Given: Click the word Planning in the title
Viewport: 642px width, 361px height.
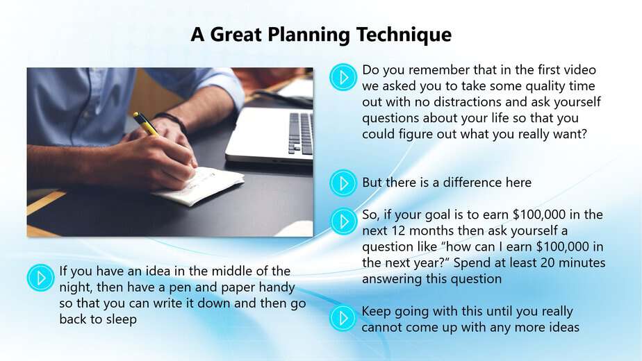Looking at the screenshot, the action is pyautogui.click(x=308, y=35).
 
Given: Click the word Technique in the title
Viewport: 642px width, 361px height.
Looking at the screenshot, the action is pyautogui.click(x=404, y=35).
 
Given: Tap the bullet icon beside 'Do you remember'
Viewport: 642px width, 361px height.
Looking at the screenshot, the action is pyautogui.click(x=343, y=77).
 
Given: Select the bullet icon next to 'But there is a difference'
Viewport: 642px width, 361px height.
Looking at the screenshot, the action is pyautogui.click(x=343, y=183).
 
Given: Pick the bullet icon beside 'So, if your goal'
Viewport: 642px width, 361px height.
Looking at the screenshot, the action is pyautogui.click(x=343, y=221).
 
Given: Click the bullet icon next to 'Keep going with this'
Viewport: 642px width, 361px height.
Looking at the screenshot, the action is pyautogui.click(x=343, y=318).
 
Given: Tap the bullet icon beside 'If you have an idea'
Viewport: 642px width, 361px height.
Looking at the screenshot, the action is pyautogui.click(x=40, y=278).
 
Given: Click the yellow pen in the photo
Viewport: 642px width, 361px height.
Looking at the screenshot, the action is pyautogui.click(x=146, y=124).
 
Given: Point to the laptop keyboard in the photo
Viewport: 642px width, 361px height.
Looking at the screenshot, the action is pyautogui.click(x=300, y=133).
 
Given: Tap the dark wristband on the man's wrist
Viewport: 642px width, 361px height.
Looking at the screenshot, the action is pyautogui.click(x=173, y=121).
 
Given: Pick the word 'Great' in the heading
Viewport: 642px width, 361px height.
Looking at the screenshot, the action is pyautogui.click(x=236, y=35).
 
